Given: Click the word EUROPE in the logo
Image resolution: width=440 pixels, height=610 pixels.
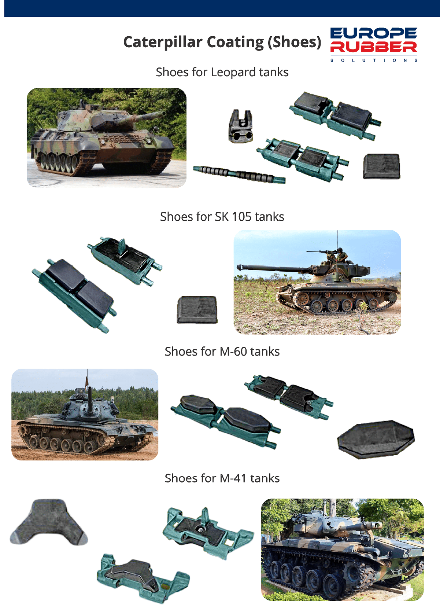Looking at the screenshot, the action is tap(374, 33).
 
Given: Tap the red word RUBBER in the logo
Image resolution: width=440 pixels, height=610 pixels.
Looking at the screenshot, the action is tap(374, 47).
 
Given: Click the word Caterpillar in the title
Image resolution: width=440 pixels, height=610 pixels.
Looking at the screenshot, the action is tap(163, 42).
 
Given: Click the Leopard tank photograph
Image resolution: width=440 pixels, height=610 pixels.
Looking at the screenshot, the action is tap(106, 137).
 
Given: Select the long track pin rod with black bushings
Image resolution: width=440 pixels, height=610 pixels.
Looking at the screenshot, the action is tap(239, 174).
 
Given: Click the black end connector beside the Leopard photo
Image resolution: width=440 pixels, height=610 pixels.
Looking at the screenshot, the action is tap(241, 126).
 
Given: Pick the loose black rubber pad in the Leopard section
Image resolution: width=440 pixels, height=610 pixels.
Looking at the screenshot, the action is tap(381, 166).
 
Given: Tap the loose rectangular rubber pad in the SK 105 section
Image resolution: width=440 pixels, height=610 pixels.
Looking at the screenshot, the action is tap(197, 310).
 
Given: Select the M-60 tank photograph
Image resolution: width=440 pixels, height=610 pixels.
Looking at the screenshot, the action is tap(85, 415).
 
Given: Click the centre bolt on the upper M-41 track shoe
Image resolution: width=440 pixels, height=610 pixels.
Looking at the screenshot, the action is tap(200, 529).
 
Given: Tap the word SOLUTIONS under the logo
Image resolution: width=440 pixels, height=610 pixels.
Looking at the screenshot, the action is tap(374, 60).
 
